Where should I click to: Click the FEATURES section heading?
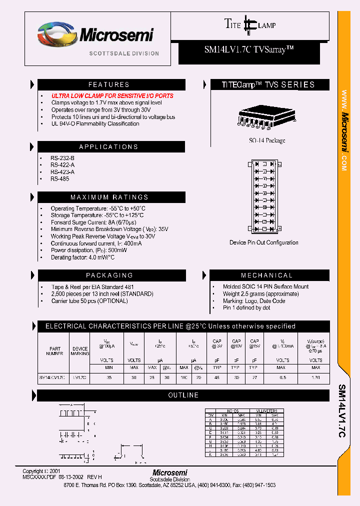(x=109, y=84)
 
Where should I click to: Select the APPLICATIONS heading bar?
(x=109, y=147)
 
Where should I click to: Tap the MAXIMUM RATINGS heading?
(x=109, y=197)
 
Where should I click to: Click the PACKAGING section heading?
(x=109, y=275)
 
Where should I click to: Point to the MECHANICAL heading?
(x=267, y=275)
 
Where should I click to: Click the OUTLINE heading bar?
(x=183, y=395)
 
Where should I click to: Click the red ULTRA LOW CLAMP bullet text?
(x=112, y=95)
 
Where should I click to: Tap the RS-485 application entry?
(x=59, y=179)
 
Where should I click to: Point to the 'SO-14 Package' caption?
(x=267, y=140)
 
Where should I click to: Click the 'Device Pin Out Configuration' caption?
(x=264, y=242)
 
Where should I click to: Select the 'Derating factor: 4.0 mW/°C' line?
(x=82, y=257)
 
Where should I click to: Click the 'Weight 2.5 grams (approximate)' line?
(x=261, y=294)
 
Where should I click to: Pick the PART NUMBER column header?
(x=55, y=351)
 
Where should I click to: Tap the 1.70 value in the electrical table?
(x=315, y=377)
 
